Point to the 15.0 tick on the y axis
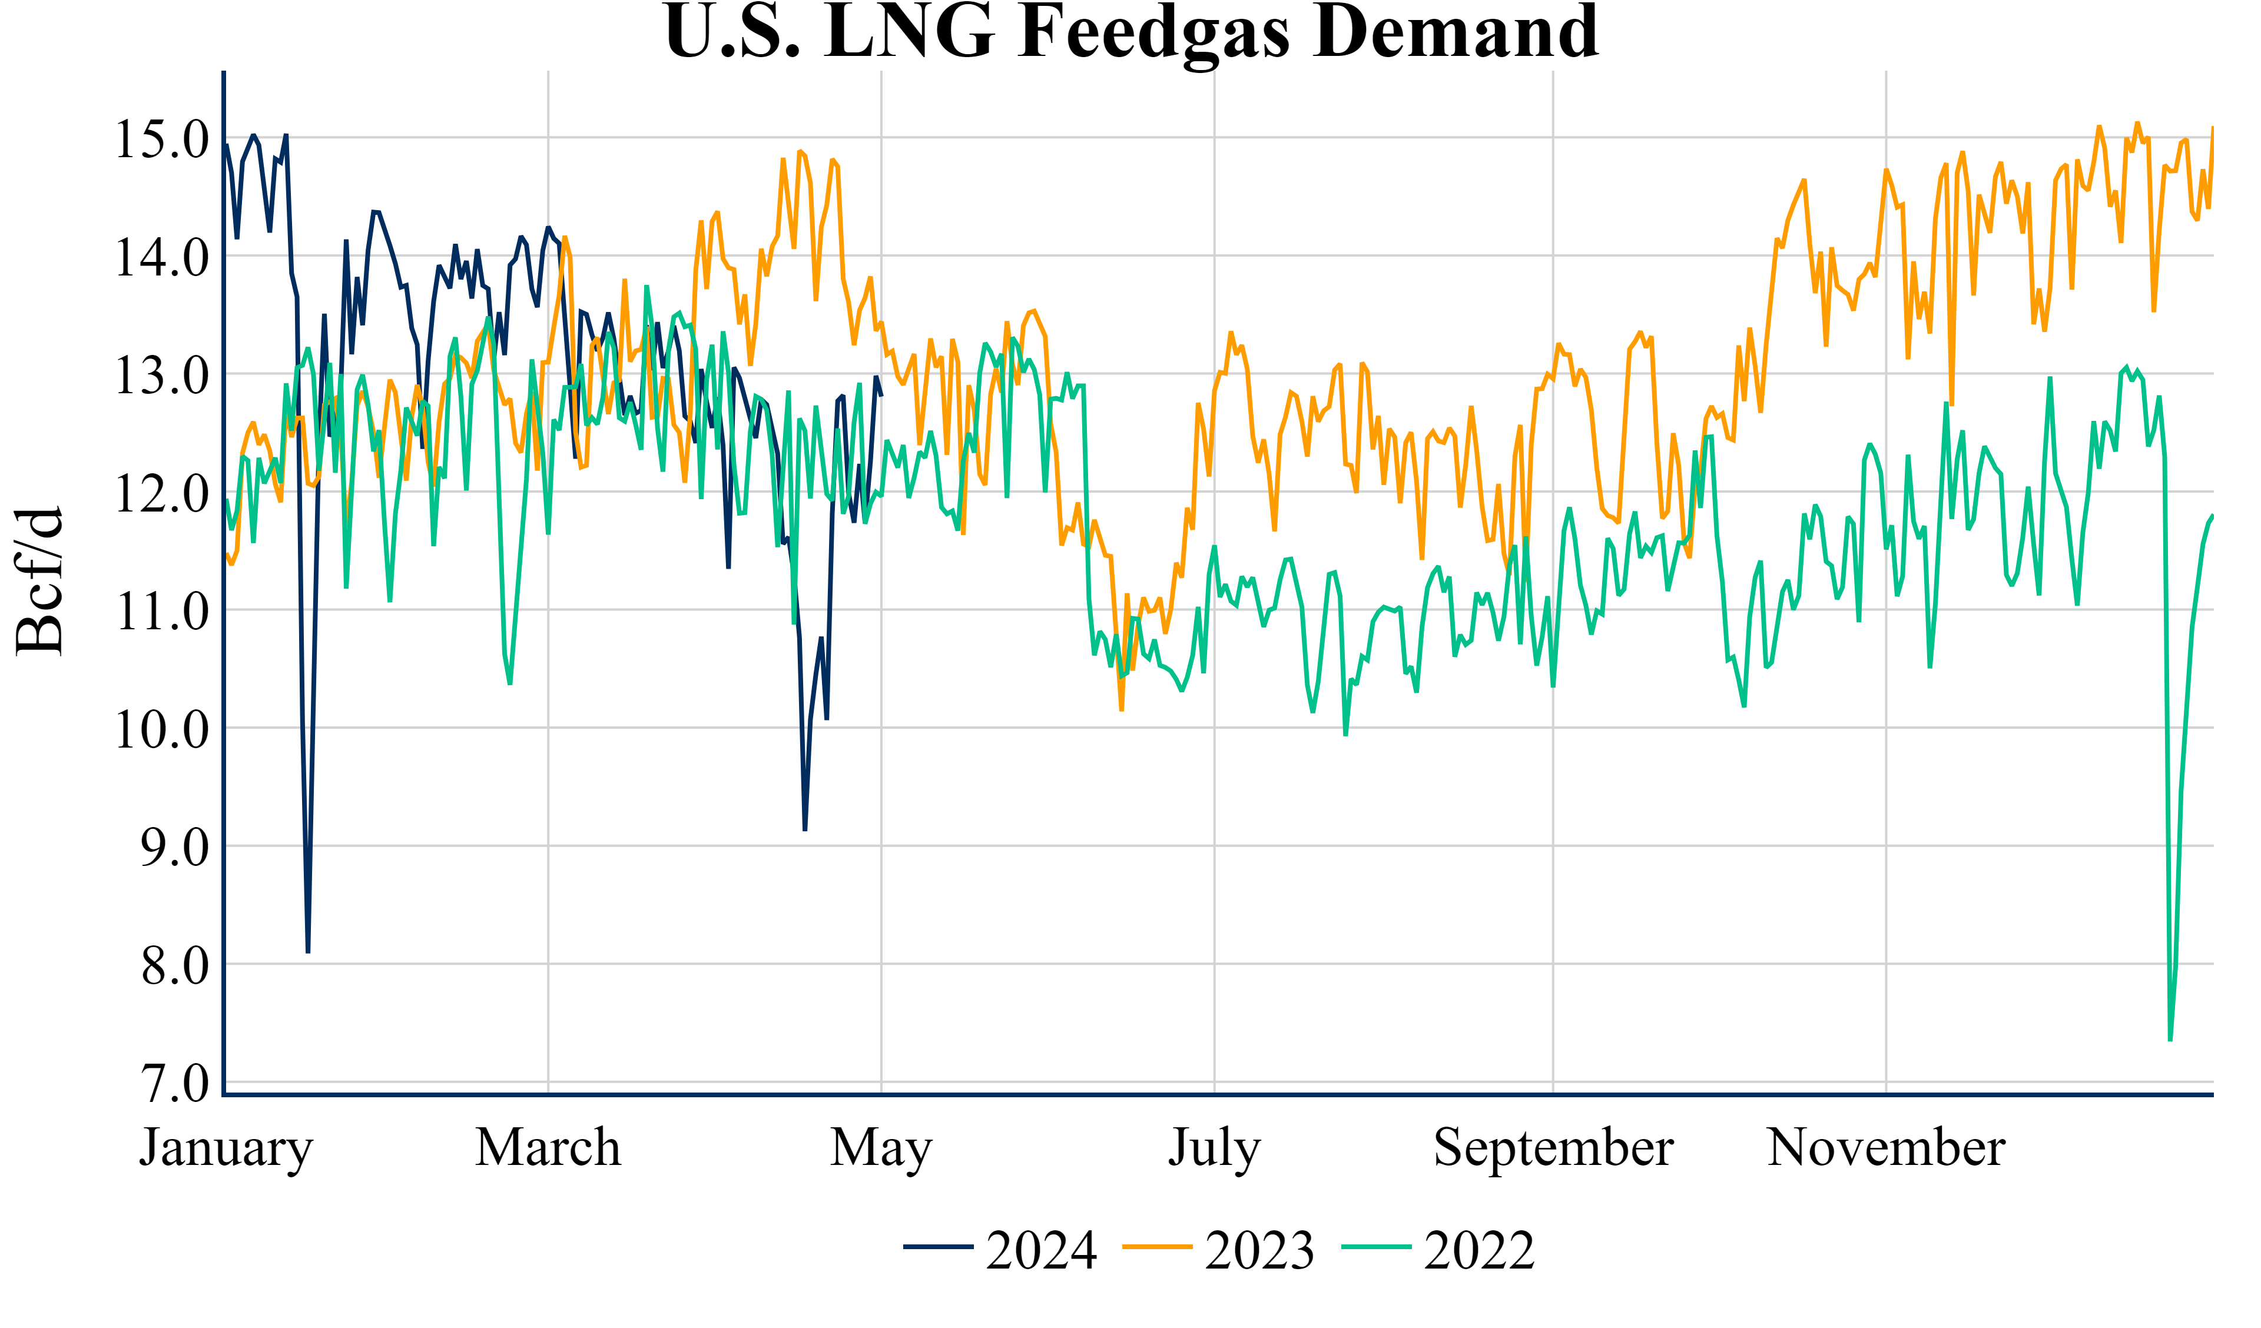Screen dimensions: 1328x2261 click(161, 139)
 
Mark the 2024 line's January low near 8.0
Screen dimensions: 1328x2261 click(308, 951)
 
